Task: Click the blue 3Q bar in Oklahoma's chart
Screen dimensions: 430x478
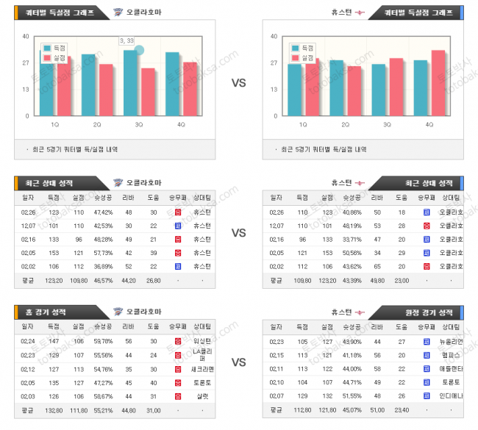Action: (130, 83)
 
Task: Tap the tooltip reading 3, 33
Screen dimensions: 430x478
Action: (126, 40)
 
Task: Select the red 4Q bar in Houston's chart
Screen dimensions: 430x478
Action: (438, 83)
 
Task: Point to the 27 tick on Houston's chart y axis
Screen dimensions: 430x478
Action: (274, 62)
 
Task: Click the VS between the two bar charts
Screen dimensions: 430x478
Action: (238, 83)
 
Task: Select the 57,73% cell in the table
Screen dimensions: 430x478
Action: (103, 253)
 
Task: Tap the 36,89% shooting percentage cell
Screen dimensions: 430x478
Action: (103, 266)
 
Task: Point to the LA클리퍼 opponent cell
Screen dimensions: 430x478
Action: (202, 355)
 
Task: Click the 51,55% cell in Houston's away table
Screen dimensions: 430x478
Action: (353, 395)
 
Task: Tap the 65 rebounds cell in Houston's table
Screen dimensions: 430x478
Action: (377, 266)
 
